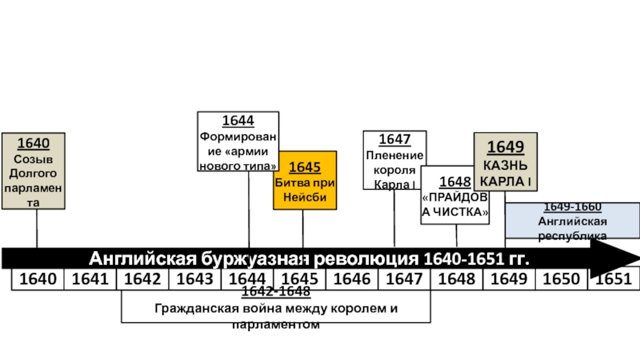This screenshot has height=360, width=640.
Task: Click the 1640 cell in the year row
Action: [38, 279]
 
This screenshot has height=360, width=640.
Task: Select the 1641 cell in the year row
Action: [90, 279]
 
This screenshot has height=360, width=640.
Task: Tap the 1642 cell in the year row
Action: [142, 279]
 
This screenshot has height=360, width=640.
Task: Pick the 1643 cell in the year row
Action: [194, 279]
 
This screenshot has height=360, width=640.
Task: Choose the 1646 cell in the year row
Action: [352, 279]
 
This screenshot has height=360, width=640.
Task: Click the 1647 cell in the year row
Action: [404, 279]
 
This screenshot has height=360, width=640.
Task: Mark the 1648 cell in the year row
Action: [457, 279]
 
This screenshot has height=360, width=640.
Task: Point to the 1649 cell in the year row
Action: [509, 279]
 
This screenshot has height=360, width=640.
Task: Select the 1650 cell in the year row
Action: [561, 279]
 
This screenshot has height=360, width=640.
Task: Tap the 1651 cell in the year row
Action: [614, 279]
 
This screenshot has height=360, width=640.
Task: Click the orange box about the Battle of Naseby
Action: [305, 180]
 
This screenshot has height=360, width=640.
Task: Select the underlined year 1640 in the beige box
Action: [34, 144]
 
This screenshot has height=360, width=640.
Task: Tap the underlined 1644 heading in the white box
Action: [238, 121]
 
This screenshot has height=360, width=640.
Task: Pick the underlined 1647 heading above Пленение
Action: [394, 140]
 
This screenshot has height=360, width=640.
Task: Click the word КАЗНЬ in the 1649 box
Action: [506, 165]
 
